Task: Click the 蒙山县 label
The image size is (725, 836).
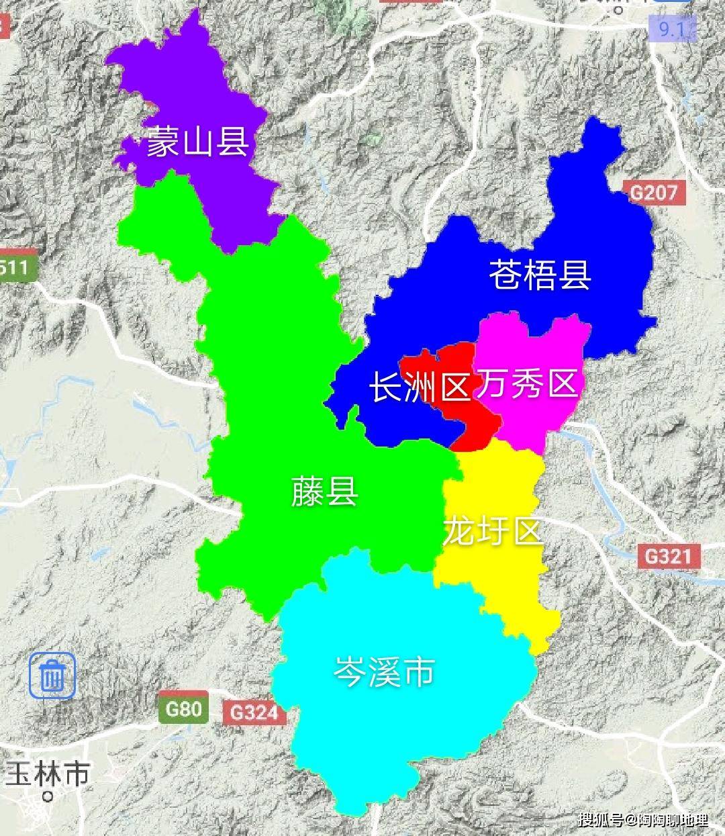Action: click(x=198, y=142)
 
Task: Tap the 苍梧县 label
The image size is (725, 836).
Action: click(x=540, y=275)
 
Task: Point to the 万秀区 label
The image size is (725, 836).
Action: click(x=528, y=383)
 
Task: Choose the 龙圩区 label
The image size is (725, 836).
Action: click(x=492, y=532)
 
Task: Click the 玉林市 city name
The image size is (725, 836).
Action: click(x=47, y=774)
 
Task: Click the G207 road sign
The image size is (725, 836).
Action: click(x=654, y=193)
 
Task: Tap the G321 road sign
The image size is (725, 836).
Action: click(x=667, y=556)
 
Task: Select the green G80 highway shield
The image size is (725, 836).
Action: click(x=183, y=709)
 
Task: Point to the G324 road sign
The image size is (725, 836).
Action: click(x=254, y=712)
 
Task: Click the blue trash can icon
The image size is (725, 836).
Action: click(x=52, y=675)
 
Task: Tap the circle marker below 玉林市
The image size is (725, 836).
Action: click(x=47, y=797)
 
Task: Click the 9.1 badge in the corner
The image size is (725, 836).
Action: click(x=671, y=29)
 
